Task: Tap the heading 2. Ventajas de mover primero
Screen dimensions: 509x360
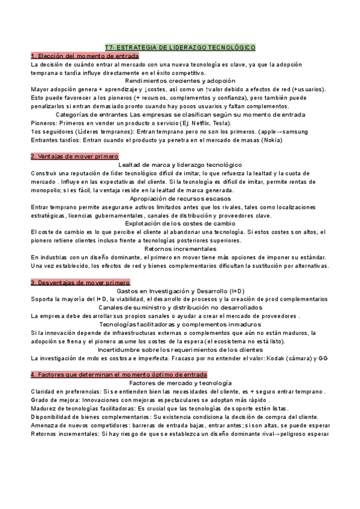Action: [75, 156]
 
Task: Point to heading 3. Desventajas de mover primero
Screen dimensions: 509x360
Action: [80, 282]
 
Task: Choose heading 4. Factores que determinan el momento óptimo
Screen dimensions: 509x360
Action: [119, 374]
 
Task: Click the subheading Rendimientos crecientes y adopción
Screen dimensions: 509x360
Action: [180, 80]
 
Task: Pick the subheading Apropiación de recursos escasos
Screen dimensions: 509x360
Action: [180, 198]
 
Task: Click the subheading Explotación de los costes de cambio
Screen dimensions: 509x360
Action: [180, 223]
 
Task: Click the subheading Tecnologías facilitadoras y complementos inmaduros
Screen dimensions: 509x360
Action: [180, 324]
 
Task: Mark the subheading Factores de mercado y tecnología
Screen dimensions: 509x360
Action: [180, 382]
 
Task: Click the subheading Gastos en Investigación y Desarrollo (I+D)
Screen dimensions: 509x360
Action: [180, 291]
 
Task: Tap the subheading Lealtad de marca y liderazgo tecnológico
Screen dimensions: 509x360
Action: [180, 164]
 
